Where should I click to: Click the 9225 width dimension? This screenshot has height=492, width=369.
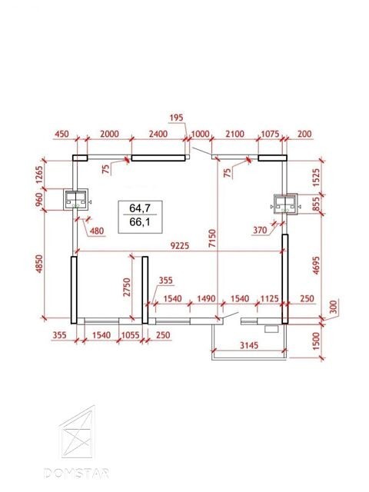tap(180, 245)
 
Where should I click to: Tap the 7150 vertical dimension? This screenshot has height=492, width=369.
tap(212, 239)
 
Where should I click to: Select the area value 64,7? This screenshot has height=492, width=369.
tap(140, 208)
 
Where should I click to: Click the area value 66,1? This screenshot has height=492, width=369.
tap(140, 222)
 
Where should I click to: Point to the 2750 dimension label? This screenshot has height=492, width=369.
tap(126, 287)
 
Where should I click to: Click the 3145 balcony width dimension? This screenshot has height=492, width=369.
tap(249, 345)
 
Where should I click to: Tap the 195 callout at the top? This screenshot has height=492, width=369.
tap(176, 118)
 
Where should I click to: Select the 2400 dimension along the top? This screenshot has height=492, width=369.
tap(158, 134)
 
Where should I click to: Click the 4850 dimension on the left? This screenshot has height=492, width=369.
tap(39, 264)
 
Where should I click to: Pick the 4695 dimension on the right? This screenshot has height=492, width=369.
tap(316, 265)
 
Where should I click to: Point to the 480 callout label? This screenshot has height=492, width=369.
tap(97, 231)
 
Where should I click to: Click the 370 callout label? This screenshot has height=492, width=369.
tap(260, 231)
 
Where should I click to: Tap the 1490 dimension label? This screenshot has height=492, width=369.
tap(206, 298)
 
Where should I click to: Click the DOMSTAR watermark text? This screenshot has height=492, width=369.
tap(77, 474)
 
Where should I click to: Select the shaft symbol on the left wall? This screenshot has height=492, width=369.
tap(77, 200)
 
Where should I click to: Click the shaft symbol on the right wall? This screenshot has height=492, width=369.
tap(285, 204)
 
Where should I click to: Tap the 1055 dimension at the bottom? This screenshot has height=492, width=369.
tap(130, 335)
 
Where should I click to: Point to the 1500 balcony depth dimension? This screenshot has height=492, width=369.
tap(316, 341)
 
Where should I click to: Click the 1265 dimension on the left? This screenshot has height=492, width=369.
tap(39, 175)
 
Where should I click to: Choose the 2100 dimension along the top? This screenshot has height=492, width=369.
tap(234, 134)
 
